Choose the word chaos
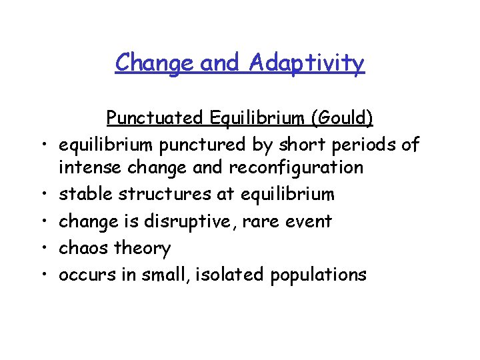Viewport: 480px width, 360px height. (x=83, y=248)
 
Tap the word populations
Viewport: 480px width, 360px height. (x=318, y=275)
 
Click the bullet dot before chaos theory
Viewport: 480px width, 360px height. (x=43, y=248)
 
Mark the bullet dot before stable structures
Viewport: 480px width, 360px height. (x=43, y=194)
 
